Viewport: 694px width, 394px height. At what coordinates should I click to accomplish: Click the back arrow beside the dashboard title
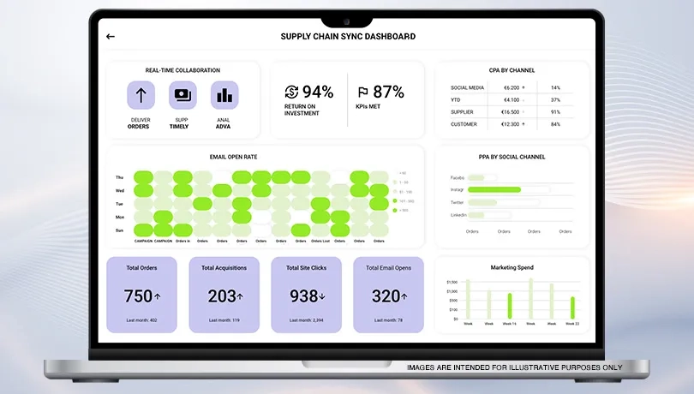111,37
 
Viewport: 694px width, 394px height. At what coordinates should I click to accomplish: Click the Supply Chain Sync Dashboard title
348,37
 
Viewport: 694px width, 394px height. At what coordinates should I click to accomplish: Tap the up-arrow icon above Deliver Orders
141,95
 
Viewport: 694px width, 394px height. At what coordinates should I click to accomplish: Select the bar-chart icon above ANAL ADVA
224,95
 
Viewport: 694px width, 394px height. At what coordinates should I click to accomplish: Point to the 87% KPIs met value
388,92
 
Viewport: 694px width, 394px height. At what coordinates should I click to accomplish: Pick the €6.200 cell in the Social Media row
512,87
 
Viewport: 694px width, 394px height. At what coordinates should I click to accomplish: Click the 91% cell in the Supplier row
555,112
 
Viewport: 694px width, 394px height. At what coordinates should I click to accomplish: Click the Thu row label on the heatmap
120,177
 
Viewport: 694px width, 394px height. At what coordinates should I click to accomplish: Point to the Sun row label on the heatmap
120,230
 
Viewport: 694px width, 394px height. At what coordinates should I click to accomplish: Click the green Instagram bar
494,189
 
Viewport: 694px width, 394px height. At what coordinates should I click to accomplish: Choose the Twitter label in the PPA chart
458,202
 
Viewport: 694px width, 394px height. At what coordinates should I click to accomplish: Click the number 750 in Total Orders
138,296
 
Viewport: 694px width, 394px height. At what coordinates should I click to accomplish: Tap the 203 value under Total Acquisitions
222,296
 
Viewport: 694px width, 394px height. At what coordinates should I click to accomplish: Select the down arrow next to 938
322,297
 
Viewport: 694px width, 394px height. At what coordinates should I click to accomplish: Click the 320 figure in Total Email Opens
386,296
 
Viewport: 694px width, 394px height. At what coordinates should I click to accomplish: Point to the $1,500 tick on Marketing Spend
452,281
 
